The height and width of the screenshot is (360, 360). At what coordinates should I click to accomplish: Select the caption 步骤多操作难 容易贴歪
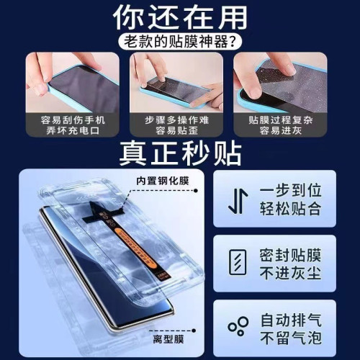point(180,126)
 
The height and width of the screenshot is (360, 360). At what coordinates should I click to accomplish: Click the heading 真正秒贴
point(180,153)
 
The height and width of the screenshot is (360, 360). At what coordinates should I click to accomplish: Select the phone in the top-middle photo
point(176,88)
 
